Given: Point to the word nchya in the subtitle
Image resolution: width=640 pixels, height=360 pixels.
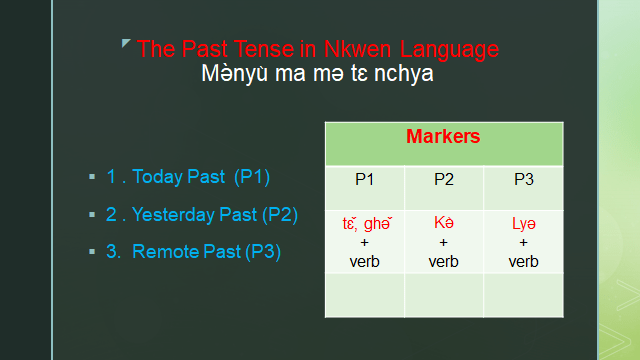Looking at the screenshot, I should pos(404,74).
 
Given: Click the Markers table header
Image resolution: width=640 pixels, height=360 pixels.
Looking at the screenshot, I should pos(444,136).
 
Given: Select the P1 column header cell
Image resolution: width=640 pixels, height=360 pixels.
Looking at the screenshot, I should pos(365,179).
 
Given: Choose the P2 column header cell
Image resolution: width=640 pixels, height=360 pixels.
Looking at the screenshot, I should pos(444,179).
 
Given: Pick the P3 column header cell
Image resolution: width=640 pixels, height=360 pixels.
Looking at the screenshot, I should pos(523,179).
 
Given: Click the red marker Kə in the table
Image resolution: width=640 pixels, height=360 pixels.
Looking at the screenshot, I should pos(444,222).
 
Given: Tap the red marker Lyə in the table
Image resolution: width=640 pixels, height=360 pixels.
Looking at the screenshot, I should pos(523,222).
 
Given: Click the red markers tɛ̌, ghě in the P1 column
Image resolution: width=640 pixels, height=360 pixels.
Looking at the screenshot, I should pos(364,222).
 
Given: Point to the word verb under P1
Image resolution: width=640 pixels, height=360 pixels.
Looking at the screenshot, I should pos(365,262).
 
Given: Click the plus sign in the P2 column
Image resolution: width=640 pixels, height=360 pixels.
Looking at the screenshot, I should pos(444,242).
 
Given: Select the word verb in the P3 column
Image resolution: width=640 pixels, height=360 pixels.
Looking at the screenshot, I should pos(523,262).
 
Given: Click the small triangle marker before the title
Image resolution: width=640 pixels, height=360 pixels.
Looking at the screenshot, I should pos(125,43).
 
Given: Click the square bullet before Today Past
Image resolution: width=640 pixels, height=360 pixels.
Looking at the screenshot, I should pos(91,177).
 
